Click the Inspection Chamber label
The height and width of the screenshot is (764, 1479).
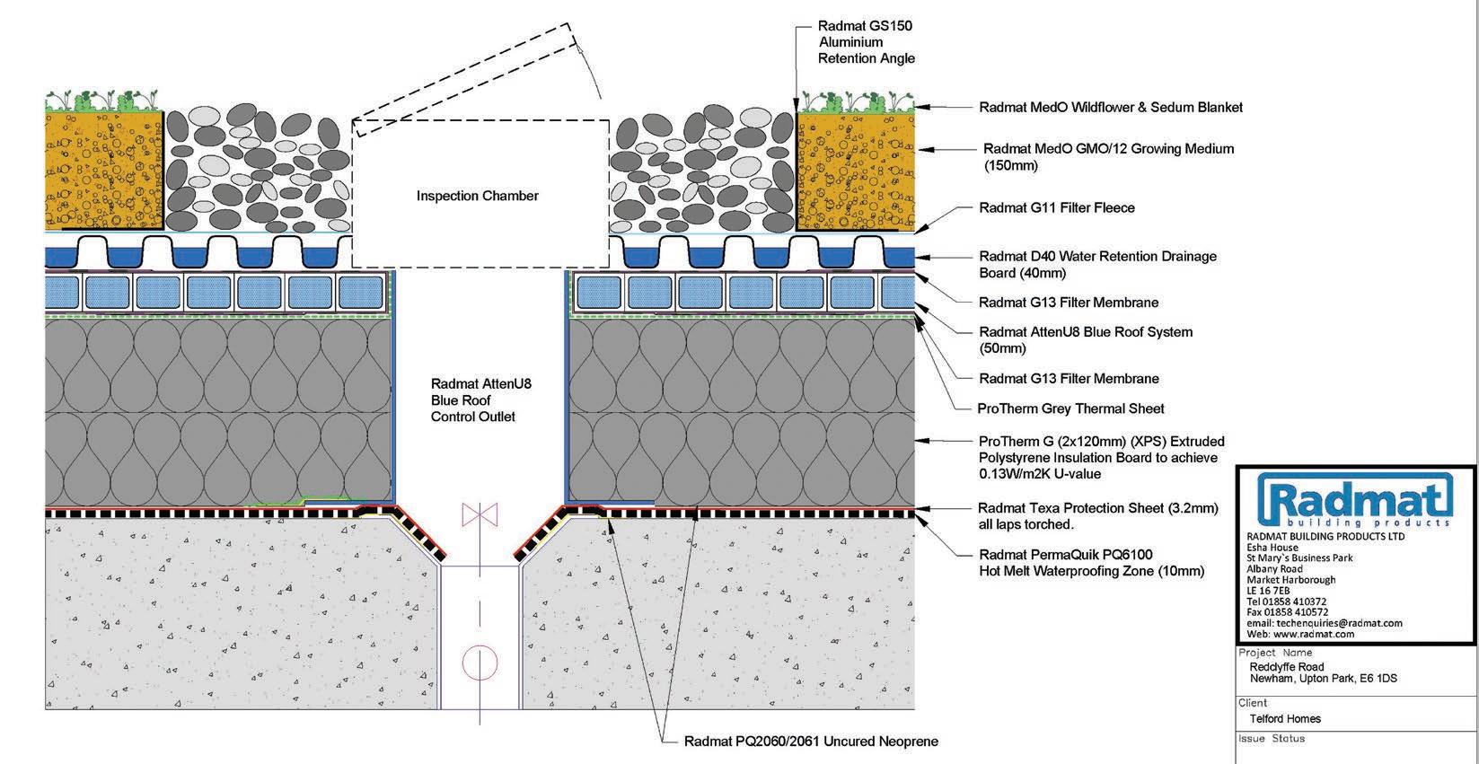tap(477, 196)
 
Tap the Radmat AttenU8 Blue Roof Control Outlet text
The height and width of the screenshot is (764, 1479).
tap(473, 400)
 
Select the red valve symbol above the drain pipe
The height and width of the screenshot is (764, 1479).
tap(480, 515)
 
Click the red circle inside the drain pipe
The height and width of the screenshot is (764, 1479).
tap(480, 663)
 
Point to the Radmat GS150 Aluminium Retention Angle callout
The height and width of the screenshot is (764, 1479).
tap(866, 42)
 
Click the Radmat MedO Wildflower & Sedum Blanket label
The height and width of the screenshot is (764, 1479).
tap(1110, 107)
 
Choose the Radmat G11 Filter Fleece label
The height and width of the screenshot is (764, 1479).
tap(1056, 207)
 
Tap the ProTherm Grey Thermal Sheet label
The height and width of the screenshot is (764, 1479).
tap(1070, 408)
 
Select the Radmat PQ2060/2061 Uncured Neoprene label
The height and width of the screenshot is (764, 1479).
tap(810, 742)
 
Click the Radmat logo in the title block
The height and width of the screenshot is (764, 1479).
tap(1355, 503)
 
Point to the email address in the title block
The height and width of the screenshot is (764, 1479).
tap(1324, 623)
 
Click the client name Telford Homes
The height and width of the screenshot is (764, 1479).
tap(1285, 718)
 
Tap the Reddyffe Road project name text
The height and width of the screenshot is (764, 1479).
tap(1286, 667)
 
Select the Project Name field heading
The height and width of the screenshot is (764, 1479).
tap(1275, 653)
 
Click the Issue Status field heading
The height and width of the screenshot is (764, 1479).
tap(1272, 739)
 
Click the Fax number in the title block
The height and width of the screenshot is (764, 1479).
tap(1287, 612)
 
